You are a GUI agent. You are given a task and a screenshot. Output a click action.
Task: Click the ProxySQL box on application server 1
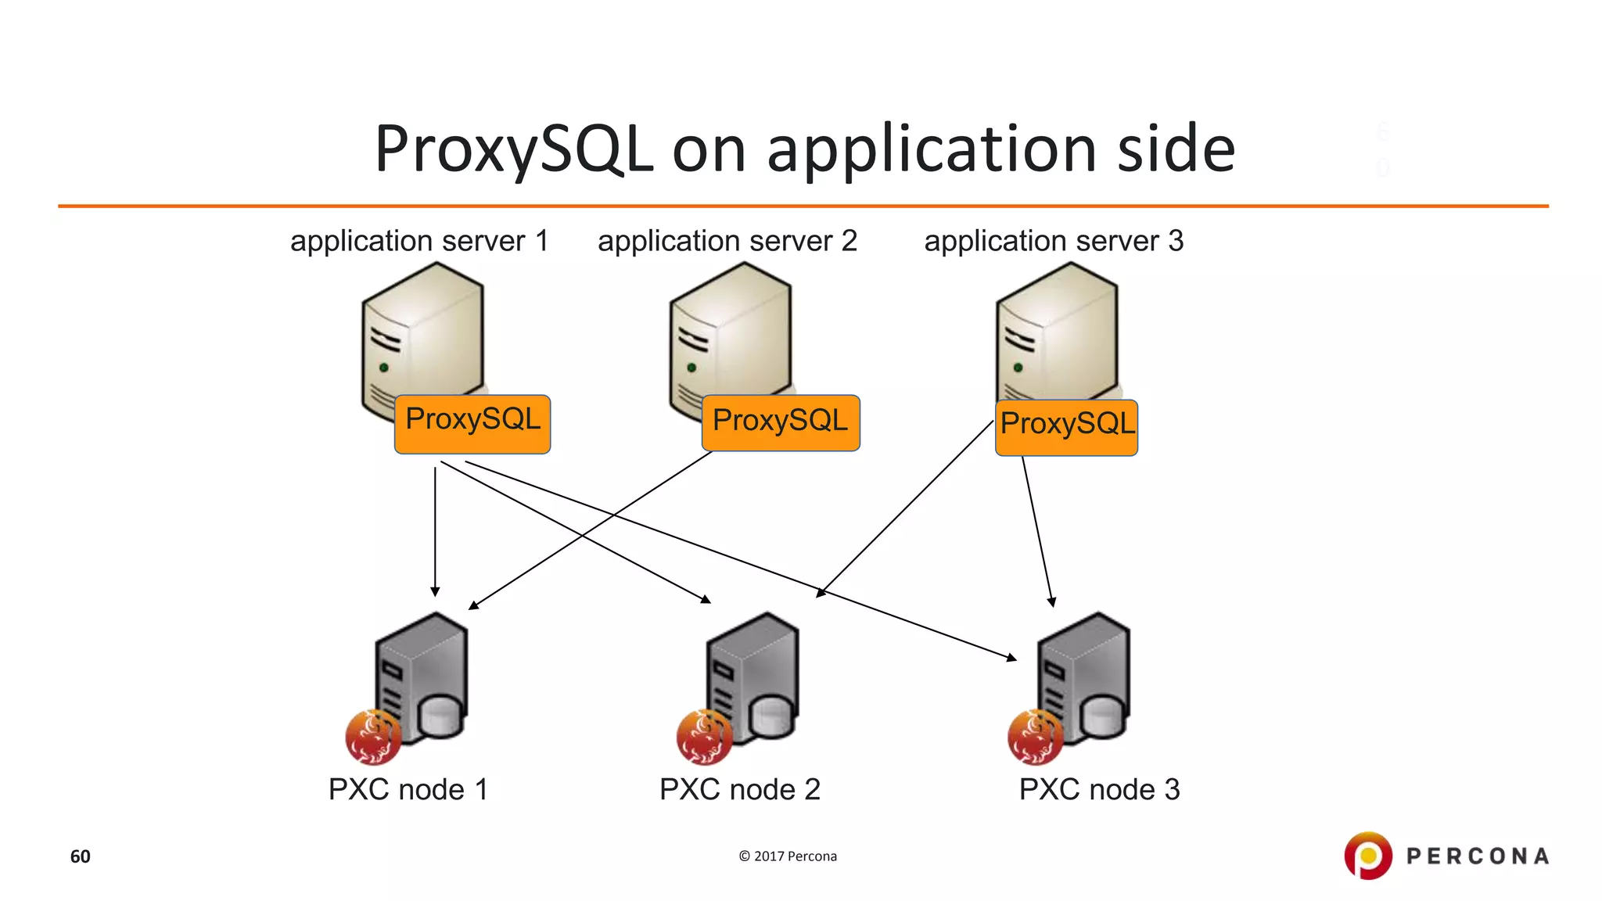click(x=472, y=424)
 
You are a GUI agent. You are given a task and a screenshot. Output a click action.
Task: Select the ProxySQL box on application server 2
click(x=781, y=423)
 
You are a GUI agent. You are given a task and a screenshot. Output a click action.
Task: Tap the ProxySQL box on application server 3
click(x=1066, y=427)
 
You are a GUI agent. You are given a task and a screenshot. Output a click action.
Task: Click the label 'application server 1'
click(x=419, y=241)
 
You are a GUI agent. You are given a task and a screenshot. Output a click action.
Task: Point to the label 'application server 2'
click(x=727, y=241)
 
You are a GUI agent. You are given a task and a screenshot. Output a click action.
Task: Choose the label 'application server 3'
click(x=1054, y=241)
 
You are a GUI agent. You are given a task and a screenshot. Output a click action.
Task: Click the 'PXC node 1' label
click(x=408, y=789)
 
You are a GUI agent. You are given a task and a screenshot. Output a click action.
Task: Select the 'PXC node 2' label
click(x=740, y=789)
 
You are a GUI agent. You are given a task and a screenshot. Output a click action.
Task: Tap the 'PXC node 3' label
click(x=1099, y=789)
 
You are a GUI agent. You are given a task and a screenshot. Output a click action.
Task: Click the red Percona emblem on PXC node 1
click(x=373, y=737)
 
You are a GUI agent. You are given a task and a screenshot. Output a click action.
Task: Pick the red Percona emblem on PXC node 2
click(x=704, y=737)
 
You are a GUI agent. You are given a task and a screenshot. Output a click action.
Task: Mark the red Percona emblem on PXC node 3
click(x=1035, y=737)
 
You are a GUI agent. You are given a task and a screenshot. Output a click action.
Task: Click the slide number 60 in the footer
click(x=81, y=856)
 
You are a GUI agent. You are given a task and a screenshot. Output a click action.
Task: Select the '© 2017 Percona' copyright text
click(x=788, y=856)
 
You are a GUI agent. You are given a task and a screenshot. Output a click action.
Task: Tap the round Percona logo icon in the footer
click(x=1368, y=856)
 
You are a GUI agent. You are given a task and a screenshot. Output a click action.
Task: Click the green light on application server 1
click(x=384, y=367)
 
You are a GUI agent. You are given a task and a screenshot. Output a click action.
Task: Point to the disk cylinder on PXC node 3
click(x=1104, y=716)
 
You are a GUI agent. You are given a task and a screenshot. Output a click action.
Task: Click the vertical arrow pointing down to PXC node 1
click(x=435, y=532)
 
